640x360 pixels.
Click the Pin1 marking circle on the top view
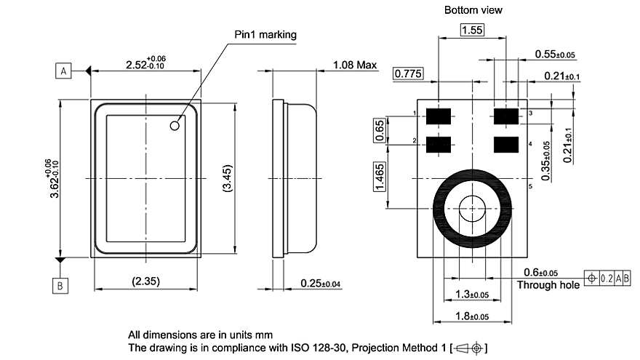(x=175, y=125)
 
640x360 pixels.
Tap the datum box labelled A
(x=64, y=71)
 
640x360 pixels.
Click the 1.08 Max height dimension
(x=355, y=65)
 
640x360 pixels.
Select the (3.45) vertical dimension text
(x=226, y=179)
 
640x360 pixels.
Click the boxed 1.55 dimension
(x=473, y=30)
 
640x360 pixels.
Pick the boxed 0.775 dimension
(x=408, y=73)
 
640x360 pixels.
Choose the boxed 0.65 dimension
(x=380, y=129)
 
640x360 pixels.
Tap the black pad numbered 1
(x=438, y=115)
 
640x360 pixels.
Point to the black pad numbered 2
(x=438, y=145)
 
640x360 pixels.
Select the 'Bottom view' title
(x=473, y=10)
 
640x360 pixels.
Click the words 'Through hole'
(x=548, y=284)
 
